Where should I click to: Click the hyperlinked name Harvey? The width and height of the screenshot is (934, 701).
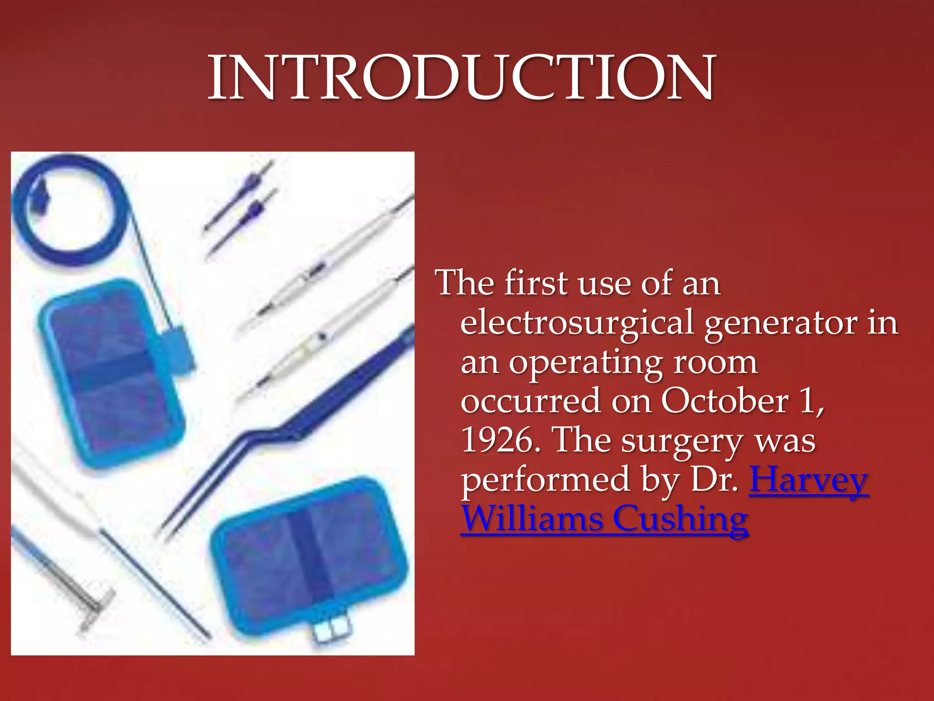[809, 480]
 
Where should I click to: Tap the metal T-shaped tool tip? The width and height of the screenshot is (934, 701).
[96, 605]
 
